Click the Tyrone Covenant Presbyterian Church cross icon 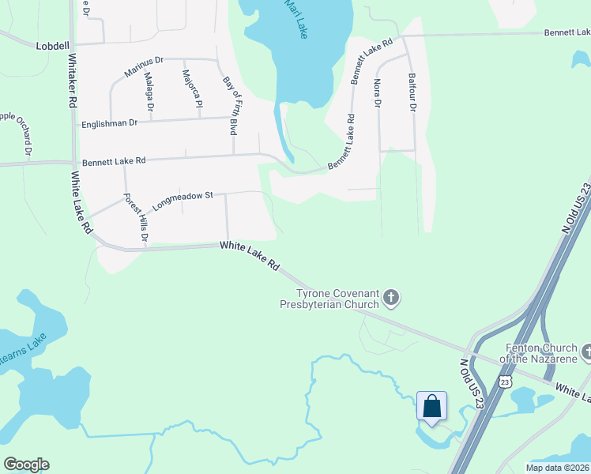click(391, 298)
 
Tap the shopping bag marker click(431, 406)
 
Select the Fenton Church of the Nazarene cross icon click(586, 350)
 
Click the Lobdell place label click(52, 46)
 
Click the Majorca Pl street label click(192, 89)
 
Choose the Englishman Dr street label click(109, 123)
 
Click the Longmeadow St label click(184, 197)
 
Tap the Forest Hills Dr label click(136, 218)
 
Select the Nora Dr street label click(377, 92)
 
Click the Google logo click(26, 465)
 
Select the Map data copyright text click(558, 468)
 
